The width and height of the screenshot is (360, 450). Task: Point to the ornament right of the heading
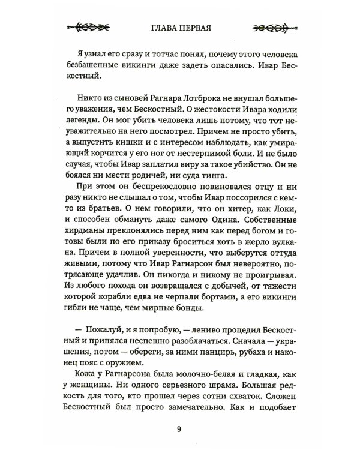click(x=270, y=28)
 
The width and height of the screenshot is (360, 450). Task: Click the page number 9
click(x=179, y=427)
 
